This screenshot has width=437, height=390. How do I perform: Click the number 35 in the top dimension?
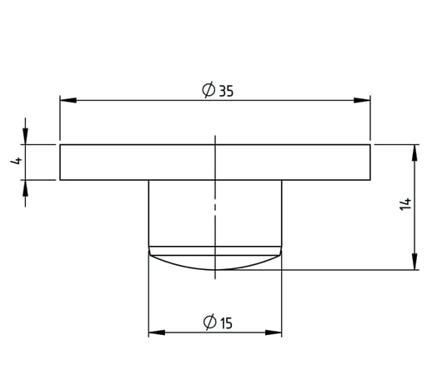point(226,91)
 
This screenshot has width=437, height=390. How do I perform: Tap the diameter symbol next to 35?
point(208,90)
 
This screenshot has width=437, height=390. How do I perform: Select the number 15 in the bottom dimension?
point(226,323)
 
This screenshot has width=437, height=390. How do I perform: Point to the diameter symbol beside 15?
point(210,322)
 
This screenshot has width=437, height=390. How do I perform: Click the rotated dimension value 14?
point(405,204)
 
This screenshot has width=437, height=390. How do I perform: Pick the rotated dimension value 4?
point(16,161)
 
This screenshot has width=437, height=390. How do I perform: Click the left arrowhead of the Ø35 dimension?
point(68,100)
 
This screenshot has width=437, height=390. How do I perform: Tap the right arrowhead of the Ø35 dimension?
point(362,100)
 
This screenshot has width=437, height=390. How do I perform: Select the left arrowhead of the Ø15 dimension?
point(157,332)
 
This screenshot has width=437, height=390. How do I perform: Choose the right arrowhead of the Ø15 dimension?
point(274,332)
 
